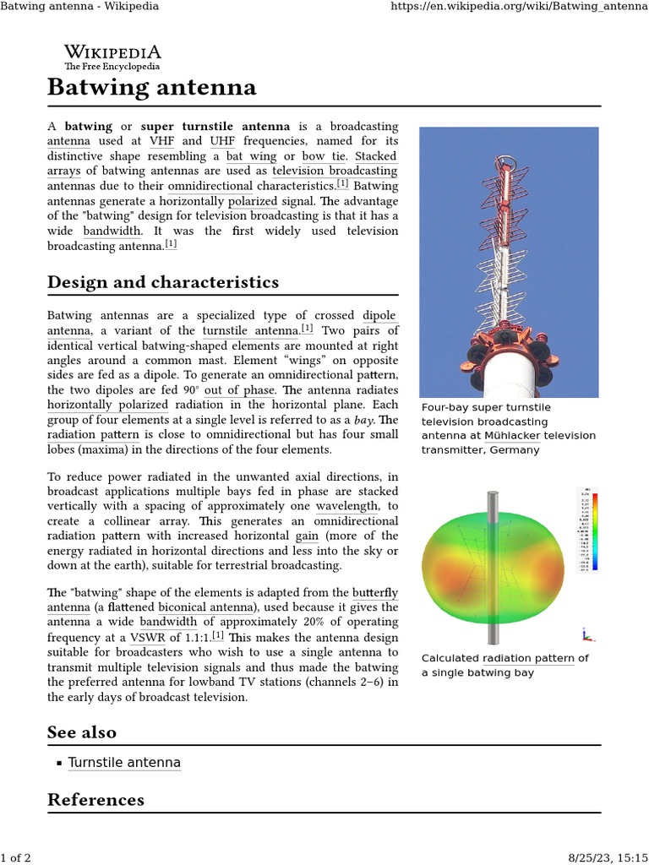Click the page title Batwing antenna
(x=151, y=87)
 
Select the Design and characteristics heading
(x=162, y=282)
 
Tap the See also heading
(x=82, y=732)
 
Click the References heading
(x=95, y=799)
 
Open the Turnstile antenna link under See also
(x=124, y=763)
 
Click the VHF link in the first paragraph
(x=161, y=140)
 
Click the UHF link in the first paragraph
(x=222, y=140)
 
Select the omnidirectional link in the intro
(x=210, y=186)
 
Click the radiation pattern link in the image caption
(x=528, y=658)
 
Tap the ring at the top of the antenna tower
(x=506, y=160)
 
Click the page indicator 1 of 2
(x=16, y=857)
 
